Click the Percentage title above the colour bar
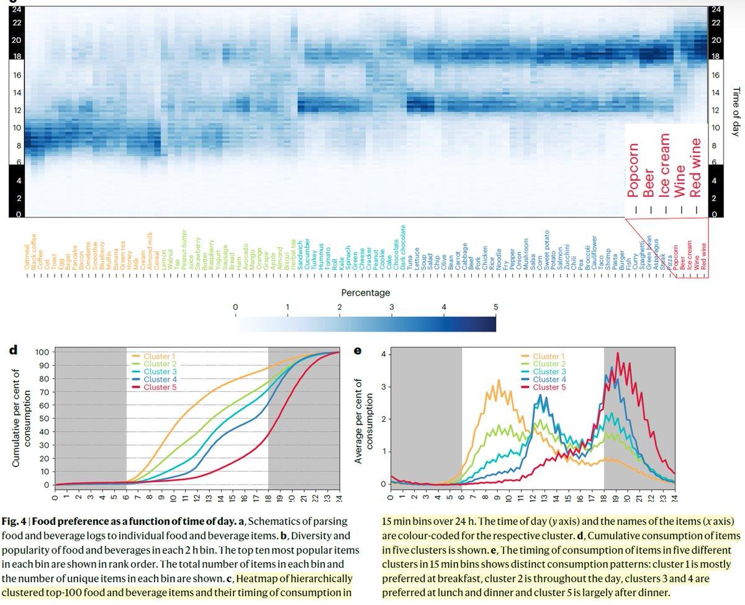(365, 291)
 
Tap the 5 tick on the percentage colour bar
(495, 307)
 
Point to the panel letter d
(13, 350)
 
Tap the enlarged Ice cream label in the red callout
(664, 167)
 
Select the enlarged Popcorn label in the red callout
(632, 168)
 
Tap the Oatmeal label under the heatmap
(26, 256)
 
